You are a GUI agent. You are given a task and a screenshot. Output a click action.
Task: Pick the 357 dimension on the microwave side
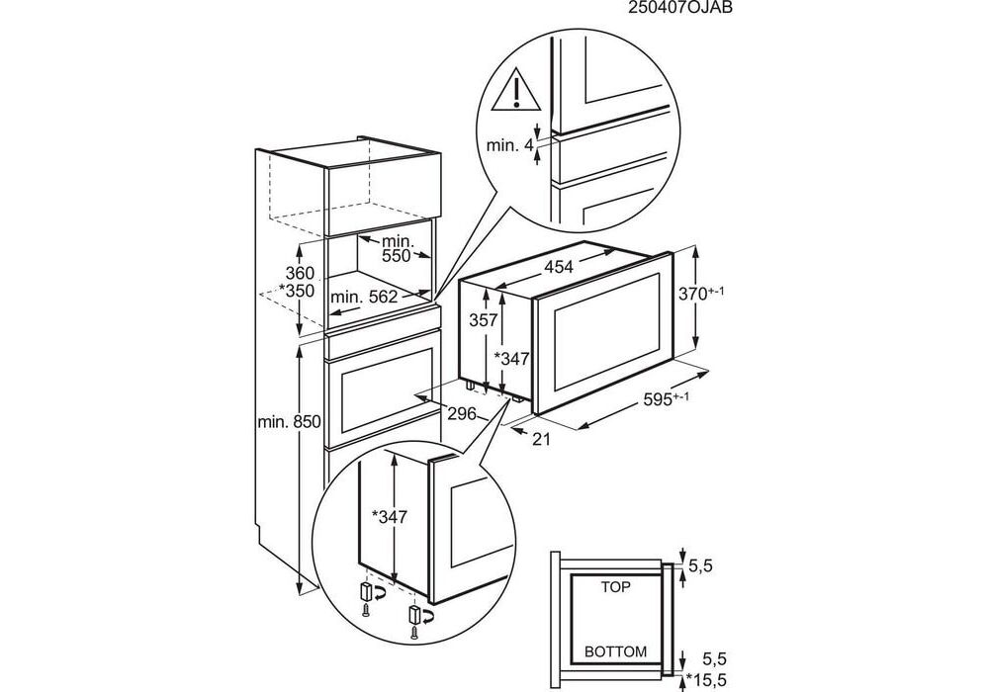click(484, 320)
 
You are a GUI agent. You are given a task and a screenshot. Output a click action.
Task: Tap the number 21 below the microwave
click(540, 439)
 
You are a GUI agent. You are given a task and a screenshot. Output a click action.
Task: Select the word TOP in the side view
click(615, 587)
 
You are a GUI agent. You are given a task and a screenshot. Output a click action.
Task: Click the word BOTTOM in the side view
click(615, 652)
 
